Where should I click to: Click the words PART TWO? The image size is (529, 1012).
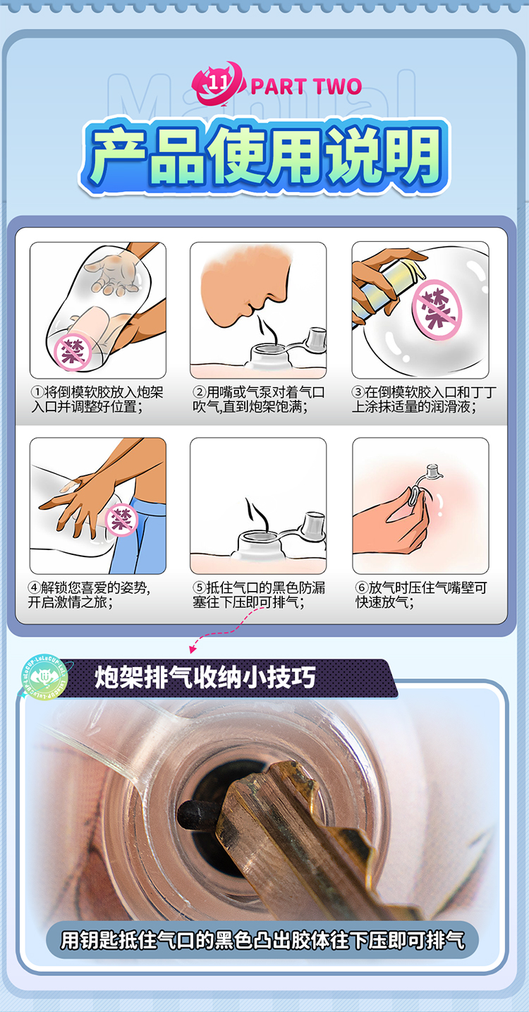[306, 86]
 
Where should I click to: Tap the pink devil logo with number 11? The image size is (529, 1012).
[219, 84]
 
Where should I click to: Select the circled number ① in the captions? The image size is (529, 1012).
[37, 391]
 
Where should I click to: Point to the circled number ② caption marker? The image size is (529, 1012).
[199, 391]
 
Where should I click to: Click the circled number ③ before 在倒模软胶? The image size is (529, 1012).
[358, 391]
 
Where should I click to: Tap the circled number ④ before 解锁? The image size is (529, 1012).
[35, 587]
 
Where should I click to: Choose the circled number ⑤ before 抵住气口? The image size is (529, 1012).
[199, 587]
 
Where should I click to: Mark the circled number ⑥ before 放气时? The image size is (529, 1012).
[361, 587]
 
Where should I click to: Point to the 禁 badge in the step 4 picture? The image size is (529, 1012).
[121, 520]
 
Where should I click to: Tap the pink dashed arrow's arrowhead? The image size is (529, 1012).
[193, 650]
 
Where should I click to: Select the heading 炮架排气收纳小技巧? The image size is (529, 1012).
[205, 677]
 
